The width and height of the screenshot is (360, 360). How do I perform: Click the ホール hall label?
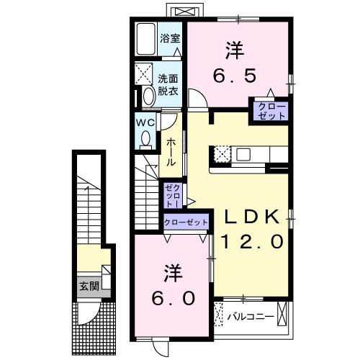point(171,152)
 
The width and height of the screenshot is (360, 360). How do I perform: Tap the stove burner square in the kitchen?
point(221,153)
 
